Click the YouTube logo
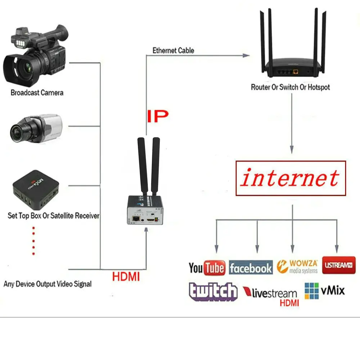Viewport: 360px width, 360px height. (x=207, y=268)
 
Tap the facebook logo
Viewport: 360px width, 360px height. (x=251, y=268)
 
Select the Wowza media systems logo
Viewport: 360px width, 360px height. (x=297, y=266)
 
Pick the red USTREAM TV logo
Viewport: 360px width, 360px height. (x=338, y=265)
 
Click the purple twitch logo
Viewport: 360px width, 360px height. (x=213, y=291)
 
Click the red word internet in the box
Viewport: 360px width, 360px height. (x=290, y=178)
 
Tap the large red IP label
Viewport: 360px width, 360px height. (x=157, y=116)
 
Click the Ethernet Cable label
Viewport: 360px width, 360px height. (x=173, y=50)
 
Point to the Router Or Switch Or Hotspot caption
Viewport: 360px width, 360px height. (x=290, y=87)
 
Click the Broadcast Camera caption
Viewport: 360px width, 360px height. (x=37, y=93)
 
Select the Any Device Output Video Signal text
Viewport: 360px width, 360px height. (x=48, y=284)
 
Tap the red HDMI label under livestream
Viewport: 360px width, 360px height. (x=289, y=303)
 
